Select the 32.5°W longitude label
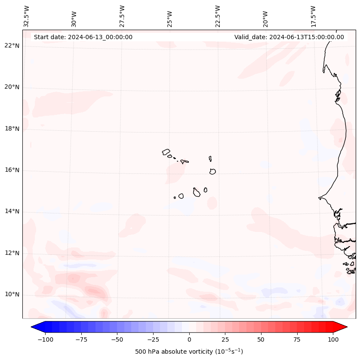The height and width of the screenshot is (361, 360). pyautogui.click(x=27, y=16)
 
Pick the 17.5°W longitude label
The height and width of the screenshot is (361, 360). pyautogui.click(x=313, y=16)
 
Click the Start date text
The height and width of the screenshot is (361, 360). pyautogui.click(x=83, y=37)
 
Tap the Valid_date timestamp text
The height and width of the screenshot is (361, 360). pyautogui.click(x=289, y=37)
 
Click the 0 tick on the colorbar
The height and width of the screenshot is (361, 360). pyautogui.click(x=189, y=339)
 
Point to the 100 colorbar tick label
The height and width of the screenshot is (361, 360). pyautogui.click(x=333, y=339)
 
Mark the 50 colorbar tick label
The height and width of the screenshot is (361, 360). pyautogui.click(x=261, y=339)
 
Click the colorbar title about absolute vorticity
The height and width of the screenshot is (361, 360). pyautogui.click(x=189, y=352)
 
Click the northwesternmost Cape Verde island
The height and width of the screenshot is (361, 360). pyautogui.click(x=166, y=152)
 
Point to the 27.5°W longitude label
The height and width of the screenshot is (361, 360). pyautogui.click(x=122, y=16)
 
